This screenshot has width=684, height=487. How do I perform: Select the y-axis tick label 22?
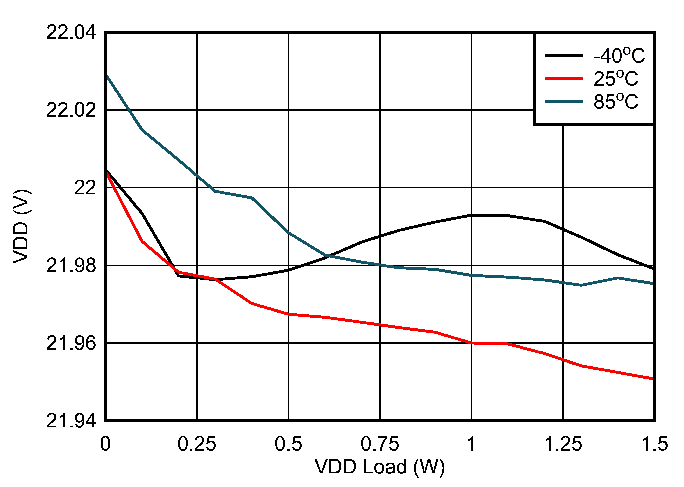(x=85, y=188)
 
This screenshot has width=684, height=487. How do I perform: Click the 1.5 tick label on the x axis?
(x=654, y=444)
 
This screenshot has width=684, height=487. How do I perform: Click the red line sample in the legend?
(x=564, y=79)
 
